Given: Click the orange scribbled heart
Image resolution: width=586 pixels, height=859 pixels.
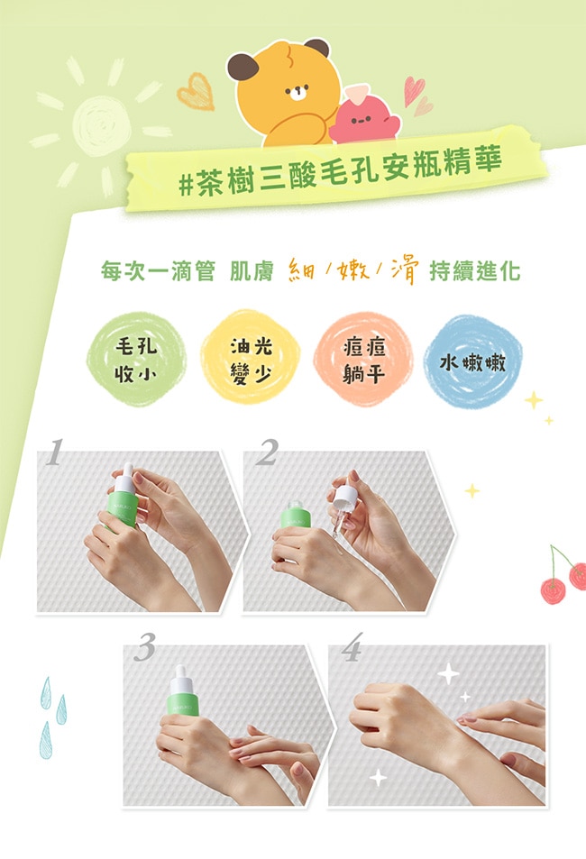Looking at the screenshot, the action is pos(196,91).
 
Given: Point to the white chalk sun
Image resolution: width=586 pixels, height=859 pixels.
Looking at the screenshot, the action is pos(101,126).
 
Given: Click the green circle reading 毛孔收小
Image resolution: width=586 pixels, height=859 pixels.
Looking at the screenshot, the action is pos(136,360).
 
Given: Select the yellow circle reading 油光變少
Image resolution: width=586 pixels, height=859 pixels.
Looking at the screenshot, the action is pos(250,358).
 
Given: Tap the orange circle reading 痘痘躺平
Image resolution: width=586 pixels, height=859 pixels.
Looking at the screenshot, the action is pos(363,359).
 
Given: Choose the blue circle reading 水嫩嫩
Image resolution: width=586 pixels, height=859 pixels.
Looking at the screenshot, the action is pos(472,361).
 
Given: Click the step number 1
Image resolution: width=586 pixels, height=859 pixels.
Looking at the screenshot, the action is pos(54,452).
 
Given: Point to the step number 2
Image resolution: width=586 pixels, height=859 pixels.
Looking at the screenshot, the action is pos(268,452).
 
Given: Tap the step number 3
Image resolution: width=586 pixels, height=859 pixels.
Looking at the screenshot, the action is pos(145,647).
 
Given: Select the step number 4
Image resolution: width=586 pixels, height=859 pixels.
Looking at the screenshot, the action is pos(352,647).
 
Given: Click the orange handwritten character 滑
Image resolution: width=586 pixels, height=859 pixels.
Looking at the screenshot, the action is pos(405,270).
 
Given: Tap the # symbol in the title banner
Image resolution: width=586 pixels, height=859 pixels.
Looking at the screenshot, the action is pos(187,185).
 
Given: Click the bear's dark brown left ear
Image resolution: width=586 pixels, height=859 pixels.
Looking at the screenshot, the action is pos(243,67).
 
